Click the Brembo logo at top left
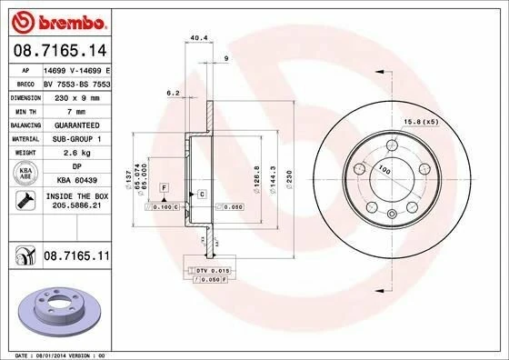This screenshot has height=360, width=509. [x=56, y=19]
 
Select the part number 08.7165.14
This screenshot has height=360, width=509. [x=55, y=50]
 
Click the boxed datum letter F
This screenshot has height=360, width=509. [x=164, y=186]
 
